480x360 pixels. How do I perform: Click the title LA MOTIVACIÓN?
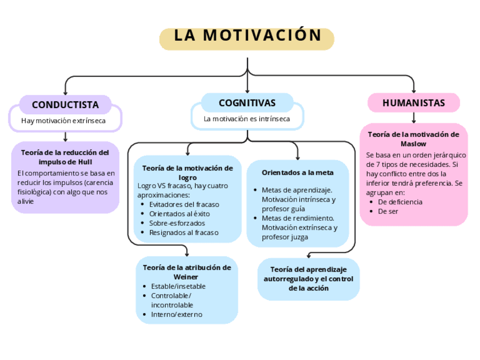tap(247, 36)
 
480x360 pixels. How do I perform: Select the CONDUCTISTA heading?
tap(65, 105)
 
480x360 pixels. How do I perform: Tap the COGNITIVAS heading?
tap(247, 103)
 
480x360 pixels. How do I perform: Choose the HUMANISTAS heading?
tap(414, 103)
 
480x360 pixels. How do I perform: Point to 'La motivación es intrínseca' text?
tap(247, 119)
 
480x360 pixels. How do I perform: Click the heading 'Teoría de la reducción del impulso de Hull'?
tap(65, 157)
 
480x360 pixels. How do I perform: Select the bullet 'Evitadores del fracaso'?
tap(184, 204)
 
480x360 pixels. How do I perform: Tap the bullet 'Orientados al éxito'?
tap(179, 214)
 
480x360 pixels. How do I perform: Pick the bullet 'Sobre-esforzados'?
tap(177, 223)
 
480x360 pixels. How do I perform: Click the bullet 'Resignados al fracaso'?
tap(183, 233)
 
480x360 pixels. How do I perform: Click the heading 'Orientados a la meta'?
tap(298, 172)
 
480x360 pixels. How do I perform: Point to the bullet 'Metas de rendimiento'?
tap(298, 218)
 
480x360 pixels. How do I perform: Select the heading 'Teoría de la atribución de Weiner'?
tap(186, 272)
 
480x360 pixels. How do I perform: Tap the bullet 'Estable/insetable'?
tap(178, 286)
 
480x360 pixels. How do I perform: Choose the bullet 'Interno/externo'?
tap(177, 315)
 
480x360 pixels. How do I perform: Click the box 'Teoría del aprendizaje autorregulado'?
tap(308, 278)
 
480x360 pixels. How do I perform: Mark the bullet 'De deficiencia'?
tap(400, 202)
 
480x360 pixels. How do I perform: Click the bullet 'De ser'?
tap(388, 211)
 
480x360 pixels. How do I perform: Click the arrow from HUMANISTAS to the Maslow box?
tap(414, 118)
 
